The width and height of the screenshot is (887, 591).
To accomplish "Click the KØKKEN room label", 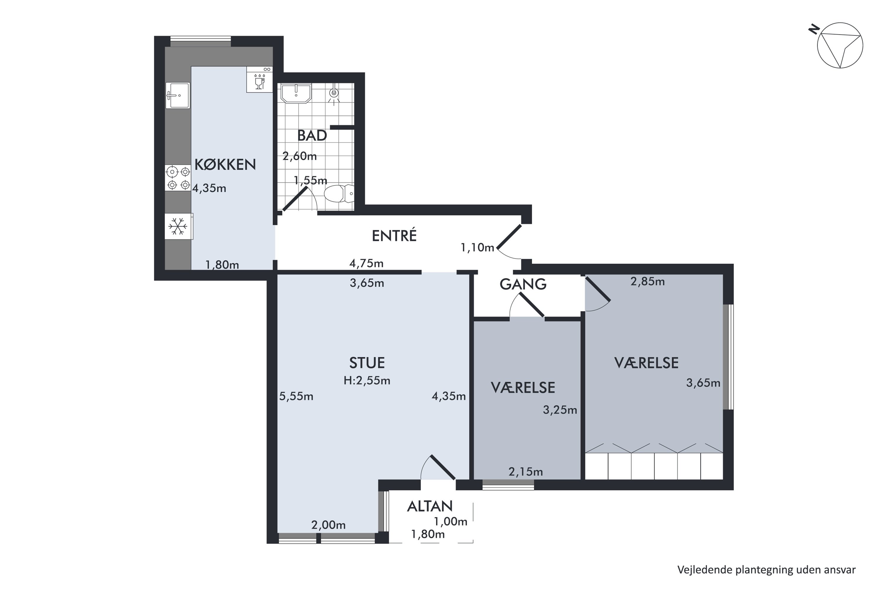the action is [225, 164].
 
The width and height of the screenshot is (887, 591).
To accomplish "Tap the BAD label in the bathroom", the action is [312, 136].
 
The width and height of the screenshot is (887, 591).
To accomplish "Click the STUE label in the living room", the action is [367, 363].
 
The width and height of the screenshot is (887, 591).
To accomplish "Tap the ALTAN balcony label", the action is [430, 506].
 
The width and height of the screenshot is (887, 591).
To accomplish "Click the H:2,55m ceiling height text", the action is [367, 381].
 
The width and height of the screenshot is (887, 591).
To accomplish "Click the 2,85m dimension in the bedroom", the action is [648, 281].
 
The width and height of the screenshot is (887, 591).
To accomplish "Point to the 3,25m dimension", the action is [560, 410].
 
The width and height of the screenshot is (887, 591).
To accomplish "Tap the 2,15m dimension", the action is [525, 472].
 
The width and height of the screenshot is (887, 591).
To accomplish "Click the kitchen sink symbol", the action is [178, 96].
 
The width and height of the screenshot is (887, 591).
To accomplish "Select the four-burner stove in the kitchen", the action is [178, 178].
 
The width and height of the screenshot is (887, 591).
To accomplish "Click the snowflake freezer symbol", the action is [178, 226].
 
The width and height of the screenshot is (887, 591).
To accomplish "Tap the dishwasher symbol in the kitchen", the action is [260, 79].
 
